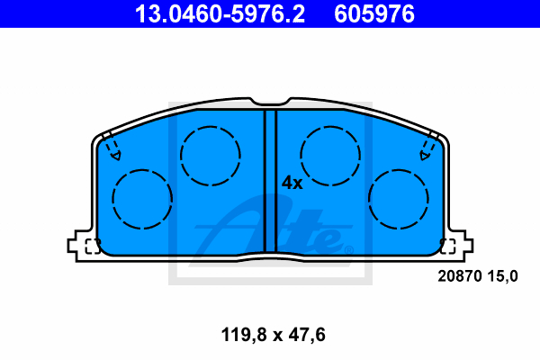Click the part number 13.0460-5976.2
(x=220, y=13)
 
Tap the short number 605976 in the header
(x=374, y=13)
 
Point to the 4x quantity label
(x=292, y=183)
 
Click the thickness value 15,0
(x=502, y=276)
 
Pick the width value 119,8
(x=244, y=335)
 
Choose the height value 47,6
(x=307, y=335)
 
